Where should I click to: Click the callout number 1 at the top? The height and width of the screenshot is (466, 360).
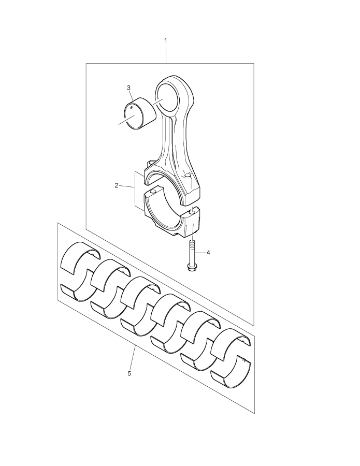point(166,40)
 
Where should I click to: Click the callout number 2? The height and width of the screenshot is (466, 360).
point(117,185)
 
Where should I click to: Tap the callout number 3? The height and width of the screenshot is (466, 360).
point(128,88)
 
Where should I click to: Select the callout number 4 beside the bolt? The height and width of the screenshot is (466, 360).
point(208,252)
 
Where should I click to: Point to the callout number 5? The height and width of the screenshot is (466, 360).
point(129,373)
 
